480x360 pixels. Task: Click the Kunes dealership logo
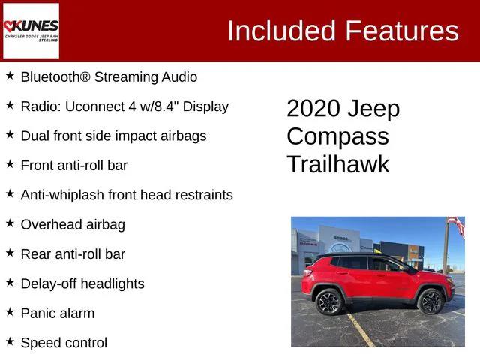click(x=31, y=31)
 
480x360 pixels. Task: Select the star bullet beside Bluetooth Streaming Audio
click(x=10, y=76)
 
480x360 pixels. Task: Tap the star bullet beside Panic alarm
click(x=10, y=312)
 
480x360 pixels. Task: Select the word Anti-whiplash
click(x=62, y=195)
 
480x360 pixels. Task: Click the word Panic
click(x=37, y=313)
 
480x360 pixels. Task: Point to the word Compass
click(x=337, y=136)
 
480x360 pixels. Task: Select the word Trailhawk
click(x=338, y=164)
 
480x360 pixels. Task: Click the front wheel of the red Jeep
click(x=430, y=301)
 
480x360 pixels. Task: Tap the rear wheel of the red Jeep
click(x=328, y=301)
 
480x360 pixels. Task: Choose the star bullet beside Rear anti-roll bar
click(x=10, y=253)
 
